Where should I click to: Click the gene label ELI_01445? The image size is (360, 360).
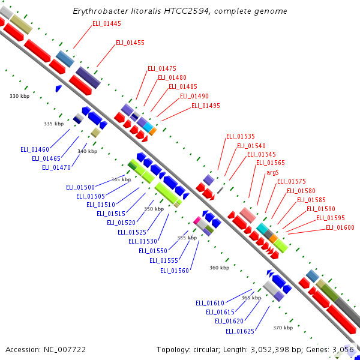(x=106, y=23)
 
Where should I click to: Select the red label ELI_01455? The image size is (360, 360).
(x=130, y=43)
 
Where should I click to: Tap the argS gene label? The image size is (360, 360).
(x=272, y=172)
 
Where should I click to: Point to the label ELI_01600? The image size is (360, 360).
(x=340, y=227)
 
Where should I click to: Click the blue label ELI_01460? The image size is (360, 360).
(x=35, y=149)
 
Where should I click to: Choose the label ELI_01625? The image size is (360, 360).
(x=240, y=331)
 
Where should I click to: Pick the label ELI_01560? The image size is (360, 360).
(x=175, y=271)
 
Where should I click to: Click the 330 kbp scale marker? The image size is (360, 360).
(x=19, y=96)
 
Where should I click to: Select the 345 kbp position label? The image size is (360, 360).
(x=121, y=179)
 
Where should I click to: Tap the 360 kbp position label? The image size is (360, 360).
(x=219, y=268)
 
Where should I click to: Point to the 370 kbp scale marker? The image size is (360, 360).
(x=283, y=328)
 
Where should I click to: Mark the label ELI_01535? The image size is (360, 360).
(x=240, y=136)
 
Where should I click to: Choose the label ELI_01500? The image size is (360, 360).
(x=80, y=187)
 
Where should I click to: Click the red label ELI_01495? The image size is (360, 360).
(x=206, y=106)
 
